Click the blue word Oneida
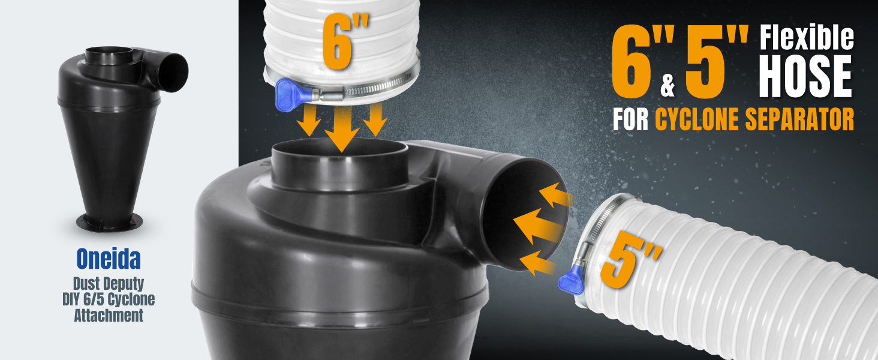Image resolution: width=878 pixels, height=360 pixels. pyautogui.click(x=109, y=259)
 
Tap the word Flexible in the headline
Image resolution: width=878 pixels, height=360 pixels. pyautogui.click(x=807, y=38)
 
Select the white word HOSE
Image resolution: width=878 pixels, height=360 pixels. pyautogui.click(x=805, y=76)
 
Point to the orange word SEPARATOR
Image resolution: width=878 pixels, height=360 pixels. pyautogui.click(x=799, y=119)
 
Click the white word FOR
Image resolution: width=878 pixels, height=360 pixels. pyautogui.click(x=631, y=119)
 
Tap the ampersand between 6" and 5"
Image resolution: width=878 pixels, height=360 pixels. pyautogui.click(x=667, y=86)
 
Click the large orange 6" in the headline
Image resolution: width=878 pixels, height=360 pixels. pyautogui.click(x=643, y=62)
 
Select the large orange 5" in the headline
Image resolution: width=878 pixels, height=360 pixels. pyautogui.click(x=717, y=62)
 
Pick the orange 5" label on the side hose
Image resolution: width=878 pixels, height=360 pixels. pyautogui.click(x=630, y=259)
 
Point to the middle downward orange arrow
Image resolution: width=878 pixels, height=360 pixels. pyautogui.click(x=342, y=128)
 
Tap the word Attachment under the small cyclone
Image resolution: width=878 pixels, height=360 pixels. pyautogui.click(x=109, y=316)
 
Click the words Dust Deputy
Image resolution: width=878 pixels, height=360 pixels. pyautogui.click(x=109, y=284)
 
